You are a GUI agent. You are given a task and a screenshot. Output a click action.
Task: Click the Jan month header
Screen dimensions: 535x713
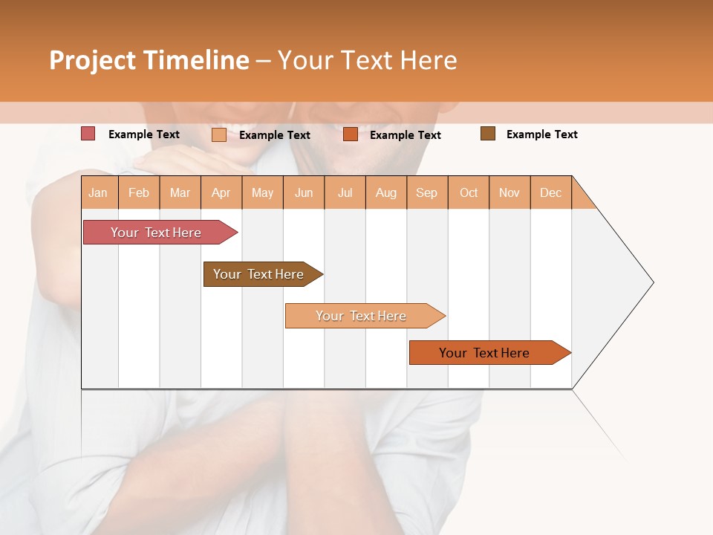click(x=99, y=192)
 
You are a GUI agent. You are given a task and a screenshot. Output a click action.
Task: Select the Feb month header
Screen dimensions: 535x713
click(x=139, y=192)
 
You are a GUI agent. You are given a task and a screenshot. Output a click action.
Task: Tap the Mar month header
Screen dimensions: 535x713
click(x=180, y=192)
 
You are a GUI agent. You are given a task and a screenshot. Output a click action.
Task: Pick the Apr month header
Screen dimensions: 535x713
click(x=221, y=192)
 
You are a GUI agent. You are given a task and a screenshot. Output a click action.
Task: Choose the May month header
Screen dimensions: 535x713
click(x=262, y=192)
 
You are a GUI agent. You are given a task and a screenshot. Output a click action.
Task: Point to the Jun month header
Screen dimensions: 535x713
click(x=304, y=192)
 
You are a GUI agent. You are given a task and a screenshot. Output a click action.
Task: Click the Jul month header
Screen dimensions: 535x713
click(x=345, y=192)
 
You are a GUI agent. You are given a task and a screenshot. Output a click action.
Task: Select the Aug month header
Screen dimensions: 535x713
click(x=386, y=192)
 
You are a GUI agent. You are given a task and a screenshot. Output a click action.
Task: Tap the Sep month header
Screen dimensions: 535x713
click(x=427, y=192)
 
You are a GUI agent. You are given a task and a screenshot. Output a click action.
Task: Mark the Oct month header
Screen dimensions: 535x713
click(x=469, y=192)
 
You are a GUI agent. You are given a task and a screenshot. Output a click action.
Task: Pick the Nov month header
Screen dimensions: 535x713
click(x=509, y=192)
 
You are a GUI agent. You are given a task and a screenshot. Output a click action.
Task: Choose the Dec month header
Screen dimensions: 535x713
click(x=551, y=192)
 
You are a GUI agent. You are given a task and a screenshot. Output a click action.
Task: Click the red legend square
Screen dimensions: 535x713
click(x=88, y=134)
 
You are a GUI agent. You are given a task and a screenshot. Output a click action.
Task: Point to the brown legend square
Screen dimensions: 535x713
click(x=488, y=134)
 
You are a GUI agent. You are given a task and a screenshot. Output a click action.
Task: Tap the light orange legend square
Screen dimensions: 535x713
click(x=219, y=134)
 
